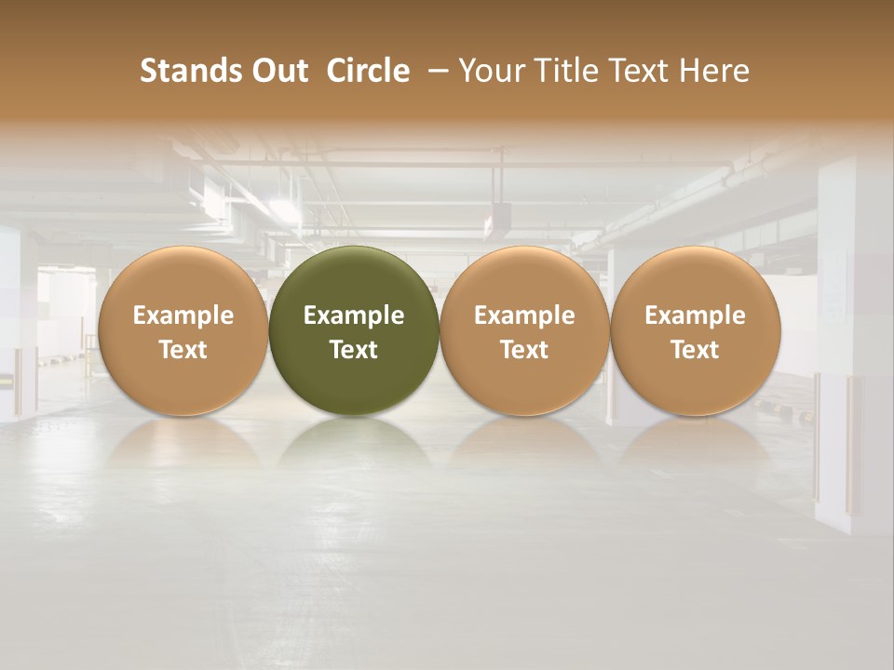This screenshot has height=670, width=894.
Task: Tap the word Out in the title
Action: point(278,71)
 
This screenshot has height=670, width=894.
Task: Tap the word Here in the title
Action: point(715,71)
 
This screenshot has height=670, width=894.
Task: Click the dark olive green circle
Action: point(354,331)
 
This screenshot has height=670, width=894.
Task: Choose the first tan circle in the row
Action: point(183,331)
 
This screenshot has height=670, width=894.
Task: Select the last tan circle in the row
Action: point(696,331)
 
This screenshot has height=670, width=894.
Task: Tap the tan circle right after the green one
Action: point(524,331)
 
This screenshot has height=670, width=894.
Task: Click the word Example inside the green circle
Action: point(354,315)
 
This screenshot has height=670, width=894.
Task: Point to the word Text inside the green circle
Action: point(354,350)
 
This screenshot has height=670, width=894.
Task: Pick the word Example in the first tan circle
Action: point(183,315)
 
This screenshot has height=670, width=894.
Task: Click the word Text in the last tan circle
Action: point(696,350)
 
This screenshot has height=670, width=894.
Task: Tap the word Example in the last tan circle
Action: point(696,315)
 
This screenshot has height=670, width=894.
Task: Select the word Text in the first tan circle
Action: point(183,350)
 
